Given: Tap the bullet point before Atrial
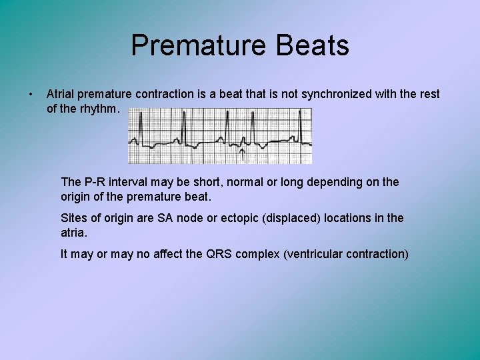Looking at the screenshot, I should pos(31,94).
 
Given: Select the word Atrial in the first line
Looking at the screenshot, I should pos(61,94).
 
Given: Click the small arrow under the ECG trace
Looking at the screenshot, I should pos(241,154).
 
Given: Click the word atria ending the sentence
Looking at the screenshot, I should pos(73,233).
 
